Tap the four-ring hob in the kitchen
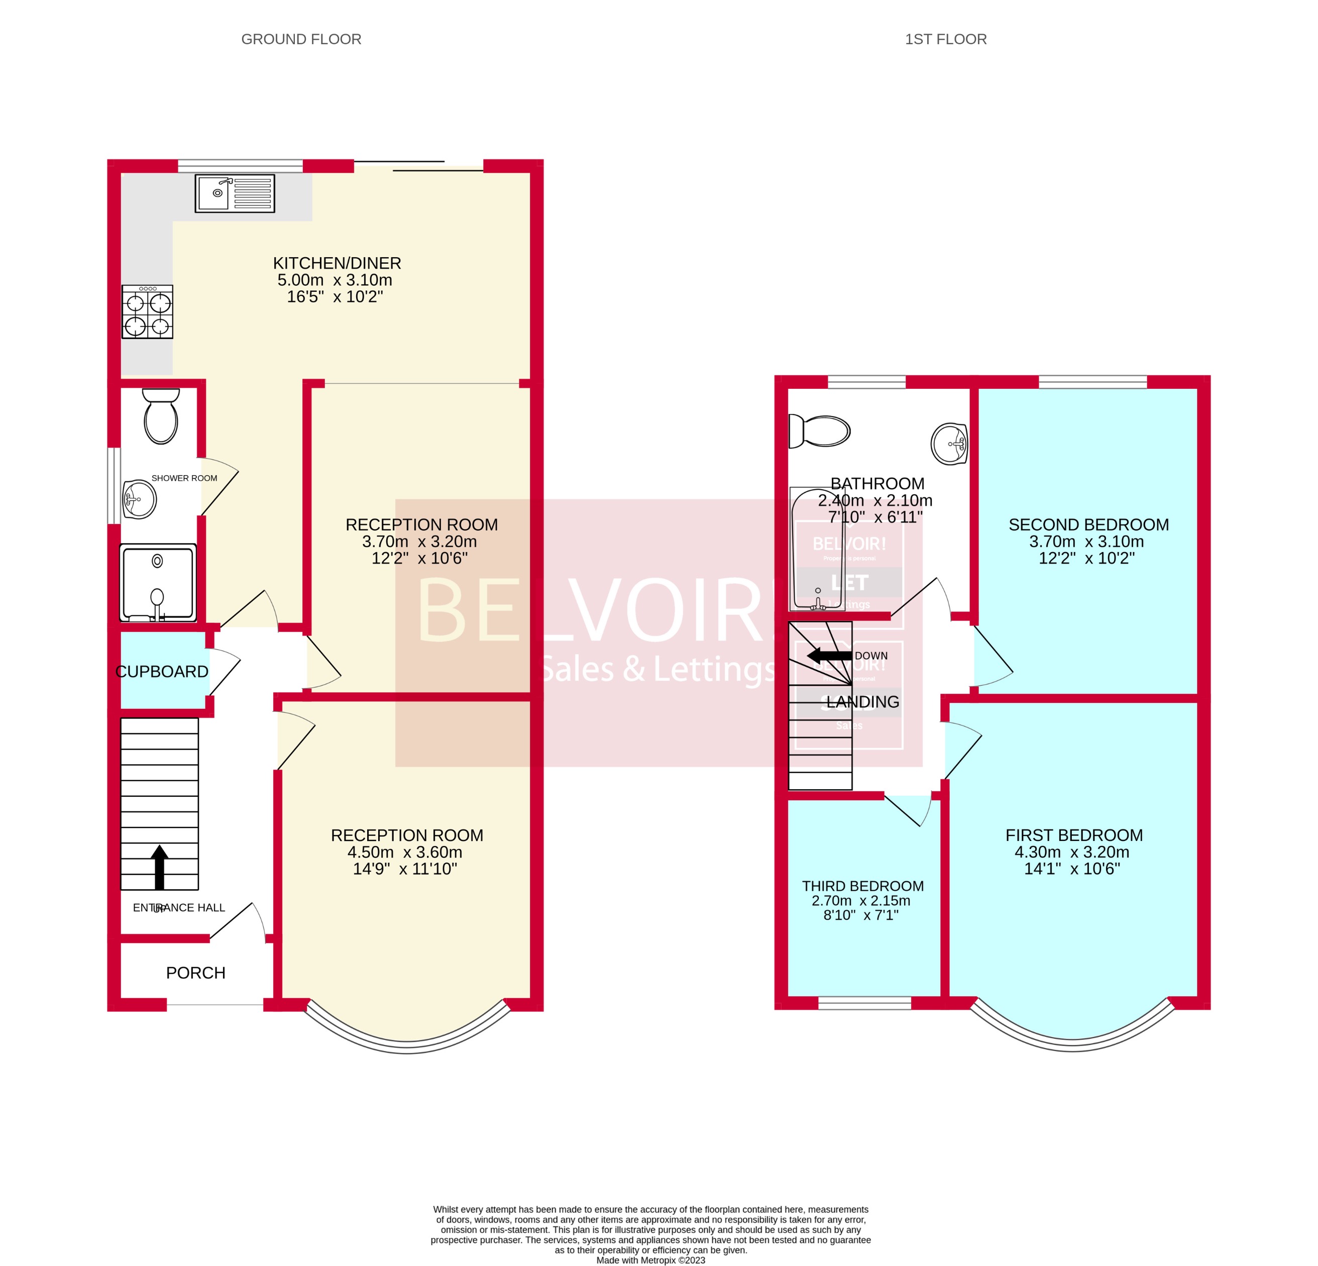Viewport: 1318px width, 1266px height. coord(147,311)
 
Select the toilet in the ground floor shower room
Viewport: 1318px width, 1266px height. coord(161,416)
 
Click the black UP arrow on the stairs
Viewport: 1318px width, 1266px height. coord(159,867)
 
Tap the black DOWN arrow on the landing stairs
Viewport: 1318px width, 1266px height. coord(829,655)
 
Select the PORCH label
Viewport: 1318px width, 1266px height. coord(196,973)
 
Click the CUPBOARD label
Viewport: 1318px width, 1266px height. coord(162,671)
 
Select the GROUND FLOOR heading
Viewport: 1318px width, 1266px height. coord(301,39)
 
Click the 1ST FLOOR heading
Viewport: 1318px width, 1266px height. coord(945,39)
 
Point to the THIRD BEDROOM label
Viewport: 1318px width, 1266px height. coord(863,886)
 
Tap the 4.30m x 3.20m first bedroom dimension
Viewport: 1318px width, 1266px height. coord(1072,852)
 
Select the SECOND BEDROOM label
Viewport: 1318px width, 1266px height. coord(1088,524)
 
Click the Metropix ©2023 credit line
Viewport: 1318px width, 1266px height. coord(651,1260)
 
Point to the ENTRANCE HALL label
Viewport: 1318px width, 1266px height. coord(179,907)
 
